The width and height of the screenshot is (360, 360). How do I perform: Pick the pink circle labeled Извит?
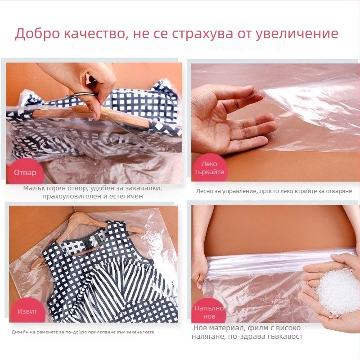point(27,311)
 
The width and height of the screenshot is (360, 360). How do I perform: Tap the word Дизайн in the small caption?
point(20,332)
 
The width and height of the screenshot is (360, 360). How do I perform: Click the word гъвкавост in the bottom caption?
point(281,336)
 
